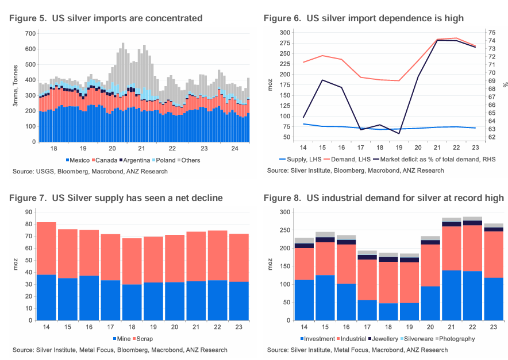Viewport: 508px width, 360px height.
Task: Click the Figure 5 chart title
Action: pyautogui.click(x=106, y=18)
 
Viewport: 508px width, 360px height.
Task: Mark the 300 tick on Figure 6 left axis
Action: pyautogui.click(x=284, y=33)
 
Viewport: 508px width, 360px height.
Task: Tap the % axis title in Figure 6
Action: pyautogui.click(x=505, y=84)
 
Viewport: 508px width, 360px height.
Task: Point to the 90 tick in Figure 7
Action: pyautogui.click(x=28, y=212)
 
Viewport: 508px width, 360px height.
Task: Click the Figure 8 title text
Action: pyautogui.click(x=383, y=198)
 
